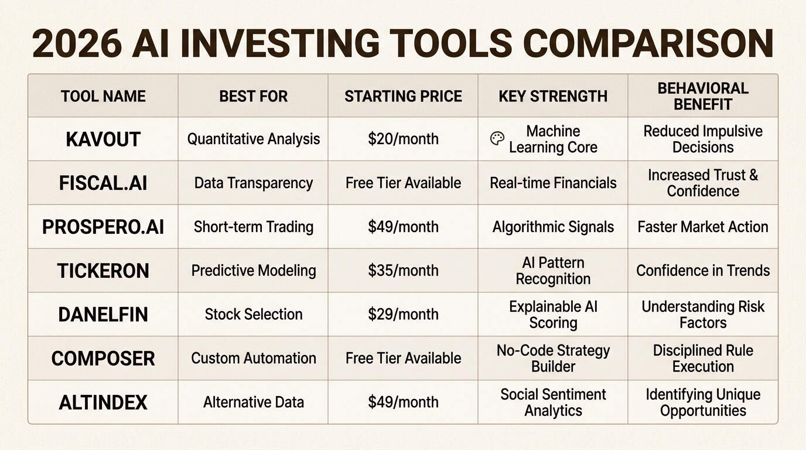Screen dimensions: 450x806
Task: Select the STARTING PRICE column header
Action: coord(403,96)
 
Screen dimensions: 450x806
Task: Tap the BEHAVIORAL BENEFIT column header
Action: coord(703,96)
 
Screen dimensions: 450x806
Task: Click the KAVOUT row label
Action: coord(103,139)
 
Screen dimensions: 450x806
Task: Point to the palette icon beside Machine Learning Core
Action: coord(497,139)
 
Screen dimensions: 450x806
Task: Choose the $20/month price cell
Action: coord(403,139)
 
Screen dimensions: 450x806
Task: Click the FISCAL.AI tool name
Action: coord(103,183)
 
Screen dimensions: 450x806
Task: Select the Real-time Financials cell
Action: coord(553,183)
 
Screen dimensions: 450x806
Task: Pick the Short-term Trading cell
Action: coord(253,227)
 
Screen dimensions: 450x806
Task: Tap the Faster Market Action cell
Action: coord(703,227)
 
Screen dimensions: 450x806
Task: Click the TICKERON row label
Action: coord(103,271)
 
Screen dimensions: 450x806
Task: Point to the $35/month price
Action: coord(403,271)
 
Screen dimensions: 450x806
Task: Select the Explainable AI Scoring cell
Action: coord(553,315)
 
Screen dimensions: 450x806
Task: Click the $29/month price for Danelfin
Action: coord(403,315)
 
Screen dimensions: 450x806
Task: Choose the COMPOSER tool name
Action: coord(103,359)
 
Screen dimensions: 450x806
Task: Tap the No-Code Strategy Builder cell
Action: coord(553,359)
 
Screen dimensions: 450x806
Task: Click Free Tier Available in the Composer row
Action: coord(403,359)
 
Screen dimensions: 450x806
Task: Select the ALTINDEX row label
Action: coord(103,403)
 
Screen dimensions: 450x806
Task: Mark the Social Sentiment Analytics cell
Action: coord(553,403)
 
